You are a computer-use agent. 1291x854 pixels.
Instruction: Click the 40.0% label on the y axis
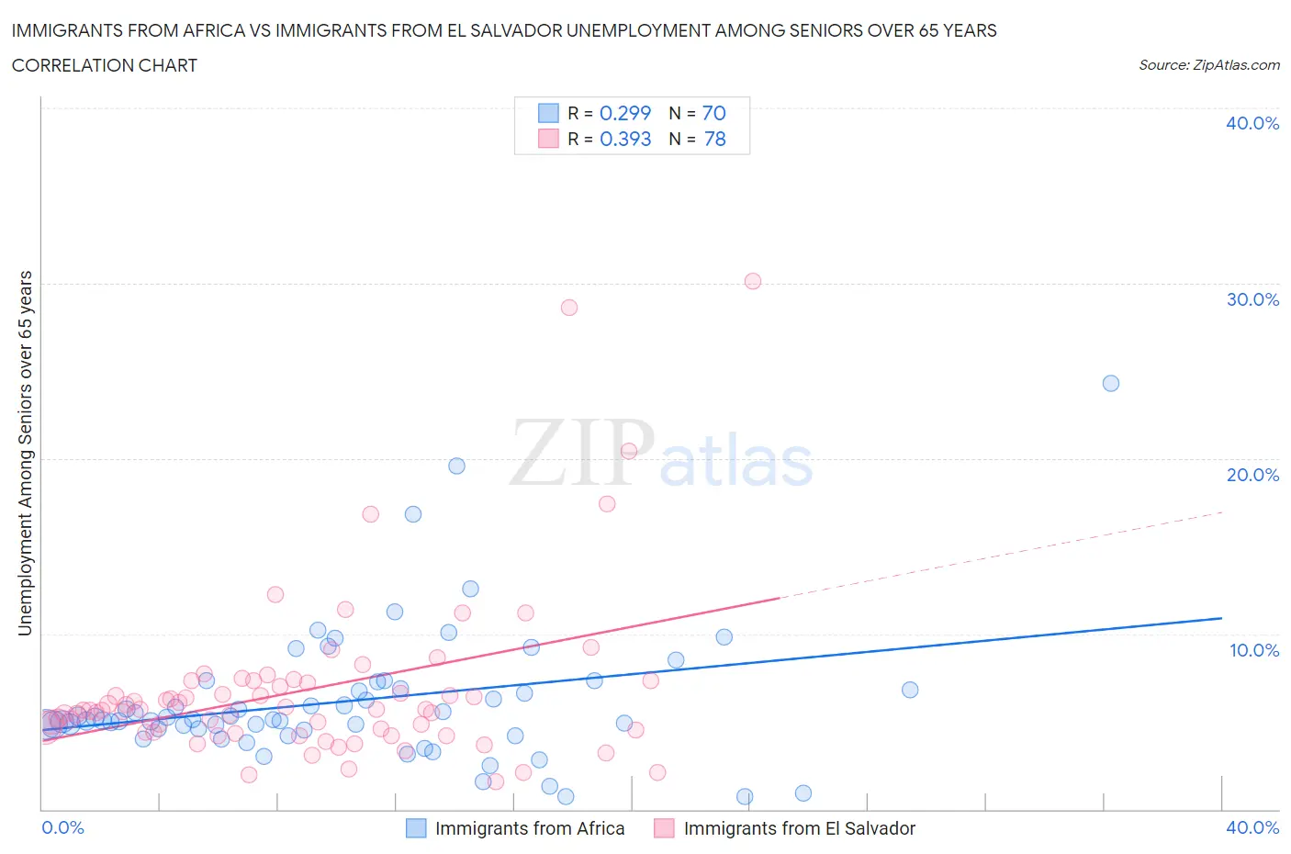(x=1252, y=123)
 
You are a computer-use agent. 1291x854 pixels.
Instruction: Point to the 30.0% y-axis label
(x=1252, y=299)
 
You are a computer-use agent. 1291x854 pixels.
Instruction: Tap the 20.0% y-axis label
(x=1252, y=475)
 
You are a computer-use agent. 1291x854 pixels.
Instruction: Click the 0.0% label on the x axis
(x=62, y=827)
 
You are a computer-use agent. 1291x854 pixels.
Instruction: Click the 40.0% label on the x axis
(x=1252, y=827)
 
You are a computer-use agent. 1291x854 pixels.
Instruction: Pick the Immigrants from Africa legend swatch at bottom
(x=416, y=828)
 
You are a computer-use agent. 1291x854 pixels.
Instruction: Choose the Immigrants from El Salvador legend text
(x=799, y=828)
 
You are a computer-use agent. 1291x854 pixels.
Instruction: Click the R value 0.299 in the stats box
(x=624, y=113)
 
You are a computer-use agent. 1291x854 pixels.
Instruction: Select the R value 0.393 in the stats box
(x=624, y=139)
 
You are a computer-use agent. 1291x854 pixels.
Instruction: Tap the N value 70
(x=713, y=113)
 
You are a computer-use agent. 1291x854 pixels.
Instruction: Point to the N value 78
(x=714, y=139)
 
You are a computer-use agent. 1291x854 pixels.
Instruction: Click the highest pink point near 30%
(x=753, y=281)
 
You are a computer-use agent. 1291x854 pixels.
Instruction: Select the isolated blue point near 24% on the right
(x=1111, y=383)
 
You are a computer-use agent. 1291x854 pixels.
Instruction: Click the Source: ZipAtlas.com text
(x=1208, y=64)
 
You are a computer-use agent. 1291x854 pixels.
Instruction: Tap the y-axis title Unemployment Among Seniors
(x=25, y=453)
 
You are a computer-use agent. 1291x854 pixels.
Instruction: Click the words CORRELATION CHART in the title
(x=105, y=65)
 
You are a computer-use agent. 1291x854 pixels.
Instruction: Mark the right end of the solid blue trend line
(x=1221, y=618)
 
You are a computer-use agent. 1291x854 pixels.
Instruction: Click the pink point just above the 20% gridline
(x=629, y=451)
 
